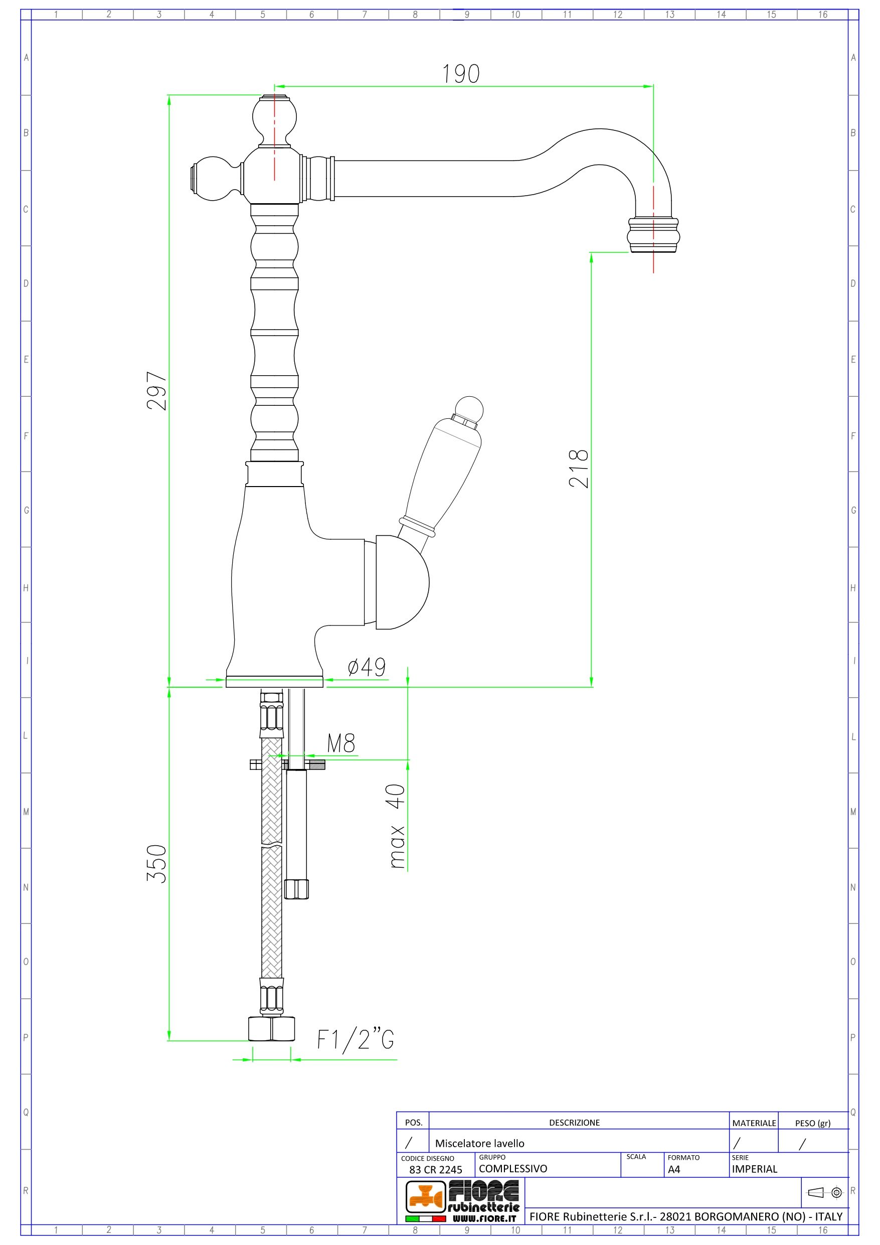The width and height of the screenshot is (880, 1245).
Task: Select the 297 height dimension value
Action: click(157, 390)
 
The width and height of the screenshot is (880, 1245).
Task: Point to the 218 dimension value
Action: click(579, 469)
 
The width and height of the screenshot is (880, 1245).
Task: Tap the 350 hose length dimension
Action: click(157, 864)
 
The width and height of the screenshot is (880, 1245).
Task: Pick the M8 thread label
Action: click(341, 743)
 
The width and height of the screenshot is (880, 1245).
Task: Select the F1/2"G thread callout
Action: click(355, 1039)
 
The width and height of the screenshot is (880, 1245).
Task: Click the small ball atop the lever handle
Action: click(469, 409)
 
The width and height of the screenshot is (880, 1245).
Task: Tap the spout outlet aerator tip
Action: click(653, 235)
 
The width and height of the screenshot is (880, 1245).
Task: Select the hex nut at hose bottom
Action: click(272, 1029)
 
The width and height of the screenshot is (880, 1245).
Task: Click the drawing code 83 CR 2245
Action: click(435, 1170)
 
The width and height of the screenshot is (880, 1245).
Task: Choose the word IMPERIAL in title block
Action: click(754, 1169)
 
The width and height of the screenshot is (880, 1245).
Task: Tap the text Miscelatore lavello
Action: click(479, 1143)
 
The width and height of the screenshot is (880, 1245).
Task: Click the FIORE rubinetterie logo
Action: click(464, 1198)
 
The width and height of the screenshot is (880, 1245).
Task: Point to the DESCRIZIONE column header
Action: click(574, 1123)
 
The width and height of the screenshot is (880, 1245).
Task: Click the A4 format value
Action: click(674, 1170)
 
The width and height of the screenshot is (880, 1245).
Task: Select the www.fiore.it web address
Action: click(484, 1218)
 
